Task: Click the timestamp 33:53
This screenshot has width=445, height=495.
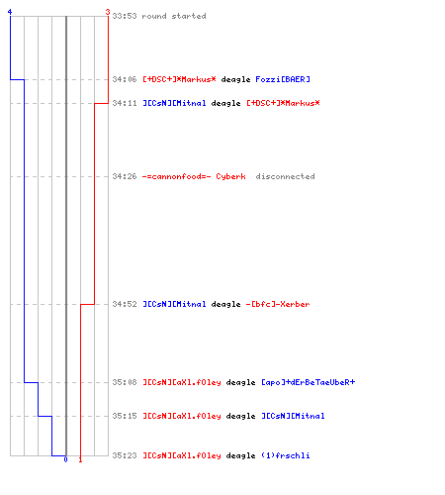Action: (125, 16)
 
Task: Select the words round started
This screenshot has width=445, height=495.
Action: (174, 16)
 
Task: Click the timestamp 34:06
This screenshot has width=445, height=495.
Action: (125, 79)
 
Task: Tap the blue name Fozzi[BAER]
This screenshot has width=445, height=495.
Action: (283, 79)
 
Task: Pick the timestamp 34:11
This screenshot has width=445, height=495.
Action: (125, 103)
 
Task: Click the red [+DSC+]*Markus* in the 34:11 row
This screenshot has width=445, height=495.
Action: (283, 103)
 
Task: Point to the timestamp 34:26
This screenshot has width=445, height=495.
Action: (125, 176)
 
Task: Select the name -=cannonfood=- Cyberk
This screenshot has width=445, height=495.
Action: (194, 176)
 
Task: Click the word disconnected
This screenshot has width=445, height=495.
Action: (285, 176)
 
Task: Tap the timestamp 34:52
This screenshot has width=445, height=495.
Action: (125, 304)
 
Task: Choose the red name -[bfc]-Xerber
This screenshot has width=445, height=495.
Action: (278, 304)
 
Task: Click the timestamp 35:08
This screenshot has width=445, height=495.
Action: (125, 382)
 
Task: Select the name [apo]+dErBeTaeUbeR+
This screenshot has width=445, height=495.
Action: (309, 382)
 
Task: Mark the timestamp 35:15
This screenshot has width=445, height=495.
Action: (125, 416)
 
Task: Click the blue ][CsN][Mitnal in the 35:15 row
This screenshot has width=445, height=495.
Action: (293, 416)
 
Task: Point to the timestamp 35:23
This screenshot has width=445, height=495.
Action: (125, 455)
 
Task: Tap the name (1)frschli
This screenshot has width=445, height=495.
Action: (286, 455)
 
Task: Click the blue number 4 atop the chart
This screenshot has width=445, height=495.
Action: (10, 12)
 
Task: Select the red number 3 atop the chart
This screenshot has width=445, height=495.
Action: (108, 12)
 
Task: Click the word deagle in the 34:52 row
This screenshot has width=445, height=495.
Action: (225, 304)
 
